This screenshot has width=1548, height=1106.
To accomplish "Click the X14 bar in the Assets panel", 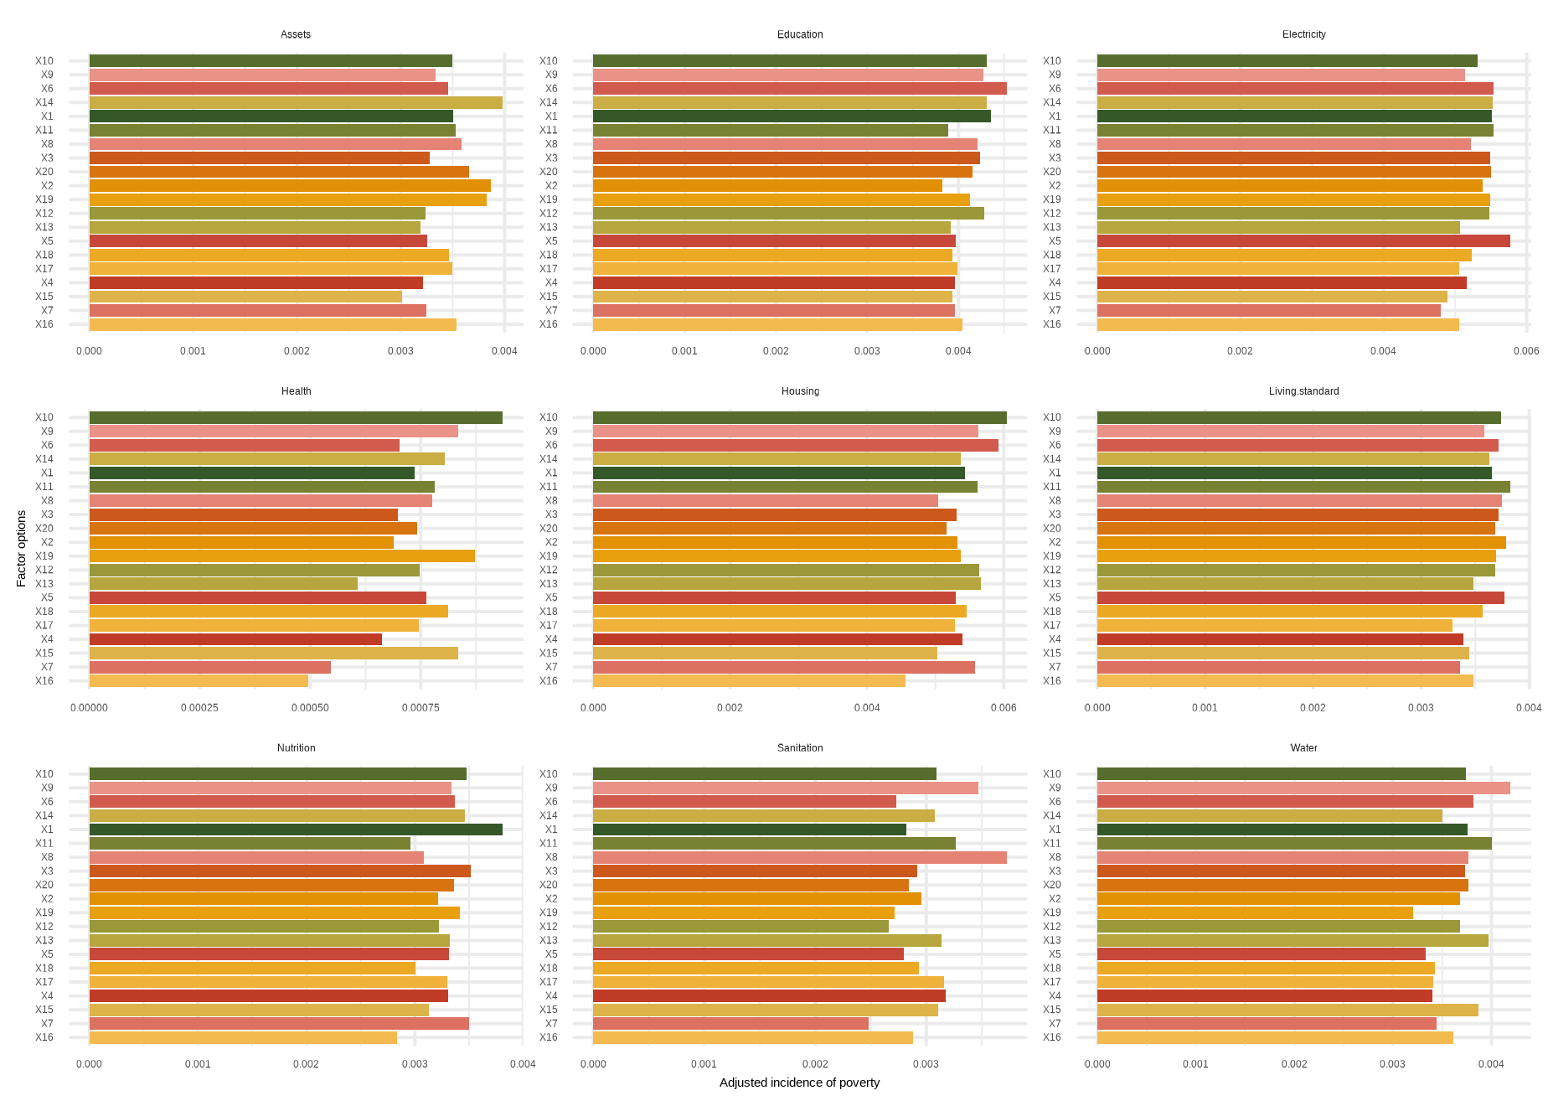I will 296,102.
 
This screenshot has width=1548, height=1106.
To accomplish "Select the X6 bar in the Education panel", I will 799,89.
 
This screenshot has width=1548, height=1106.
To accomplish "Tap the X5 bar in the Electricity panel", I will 1303,241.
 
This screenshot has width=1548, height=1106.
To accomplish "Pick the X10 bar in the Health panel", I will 296,417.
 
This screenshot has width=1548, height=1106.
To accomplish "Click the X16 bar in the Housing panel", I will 749,681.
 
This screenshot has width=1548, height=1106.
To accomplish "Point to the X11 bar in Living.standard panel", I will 1303,487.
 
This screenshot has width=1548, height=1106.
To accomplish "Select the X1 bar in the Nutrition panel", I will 296,829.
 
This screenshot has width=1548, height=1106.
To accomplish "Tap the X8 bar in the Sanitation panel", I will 799,857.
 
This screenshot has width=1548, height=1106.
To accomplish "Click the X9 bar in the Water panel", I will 1303,788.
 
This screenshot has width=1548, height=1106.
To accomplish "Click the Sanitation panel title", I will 800,748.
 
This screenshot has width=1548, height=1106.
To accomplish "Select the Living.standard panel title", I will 1303,391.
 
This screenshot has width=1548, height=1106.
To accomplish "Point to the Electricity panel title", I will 1303,34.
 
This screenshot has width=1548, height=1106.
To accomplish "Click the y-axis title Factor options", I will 22,548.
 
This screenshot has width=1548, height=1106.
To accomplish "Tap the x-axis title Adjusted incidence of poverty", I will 799,1083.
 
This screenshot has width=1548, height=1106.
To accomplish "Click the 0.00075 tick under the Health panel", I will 421,708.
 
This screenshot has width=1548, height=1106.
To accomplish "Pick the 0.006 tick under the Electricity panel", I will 1526,351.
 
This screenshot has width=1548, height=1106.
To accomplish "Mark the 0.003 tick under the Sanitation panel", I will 926,1065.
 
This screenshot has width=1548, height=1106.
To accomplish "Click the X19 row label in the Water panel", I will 1051,912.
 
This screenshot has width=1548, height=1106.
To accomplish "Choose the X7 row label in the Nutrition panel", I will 47,1024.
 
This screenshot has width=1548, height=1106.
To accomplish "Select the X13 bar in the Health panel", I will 223,584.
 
